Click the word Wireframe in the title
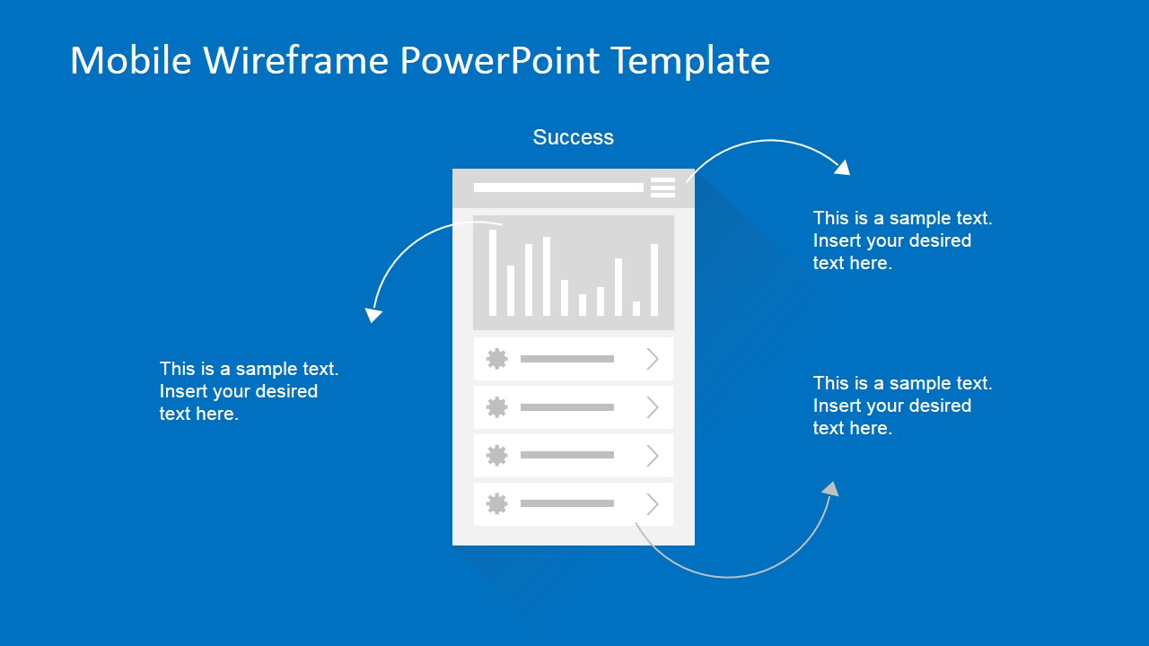click(x=295, y=61)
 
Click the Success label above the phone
click(x=573, y=137)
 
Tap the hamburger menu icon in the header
click(x=662, y=188)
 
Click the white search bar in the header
click(x=558, y=188)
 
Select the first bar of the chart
click(x=493, y=272)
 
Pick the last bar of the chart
click(x=654, y=279)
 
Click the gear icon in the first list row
click(x=496, y=359)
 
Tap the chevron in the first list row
click(x=653, y=359)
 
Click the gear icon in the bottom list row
click(x=496, y=503)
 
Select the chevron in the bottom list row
click(x=653, y=503)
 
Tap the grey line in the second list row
click(x=567, y=407)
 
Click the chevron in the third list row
click(x=653, y=456)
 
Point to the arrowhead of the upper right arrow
click(x=842, y=167)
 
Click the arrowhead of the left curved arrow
click(x=373, y=315)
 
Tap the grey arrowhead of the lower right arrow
click(x=831, y=489)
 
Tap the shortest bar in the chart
click(x=636, y=308)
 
